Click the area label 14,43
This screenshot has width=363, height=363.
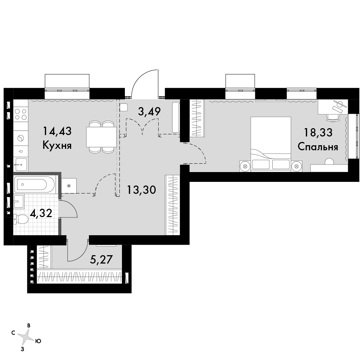57,131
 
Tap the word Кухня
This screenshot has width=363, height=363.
57,146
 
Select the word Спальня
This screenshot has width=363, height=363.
318,147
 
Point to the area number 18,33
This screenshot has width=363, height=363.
318,132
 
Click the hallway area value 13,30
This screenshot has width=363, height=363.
142,190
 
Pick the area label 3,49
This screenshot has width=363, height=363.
149,111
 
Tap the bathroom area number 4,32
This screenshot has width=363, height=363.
41,213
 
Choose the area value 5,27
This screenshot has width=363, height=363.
101,260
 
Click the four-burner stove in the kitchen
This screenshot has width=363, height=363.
21,114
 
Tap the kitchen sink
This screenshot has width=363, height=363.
21,164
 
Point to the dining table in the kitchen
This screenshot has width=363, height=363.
101,137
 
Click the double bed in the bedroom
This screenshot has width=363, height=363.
271,144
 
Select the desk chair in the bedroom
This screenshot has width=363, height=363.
333,117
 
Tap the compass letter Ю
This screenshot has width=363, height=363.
38,341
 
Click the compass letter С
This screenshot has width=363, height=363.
13,333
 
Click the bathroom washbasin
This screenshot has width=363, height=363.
19,201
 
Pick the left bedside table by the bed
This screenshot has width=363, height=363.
245,166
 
